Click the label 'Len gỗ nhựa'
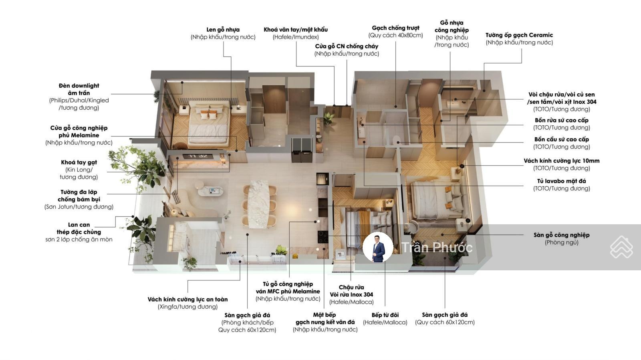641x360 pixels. tap(223, 30)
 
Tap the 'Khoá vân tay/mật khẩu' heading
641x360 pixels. tap(296, 30)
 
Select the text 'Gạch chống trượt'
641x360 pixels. tap(395, 28)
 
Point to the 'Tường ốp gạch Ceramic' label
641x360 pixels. tap(519, 35)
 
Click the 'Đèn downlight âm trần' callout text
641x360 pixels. tap(79, 89)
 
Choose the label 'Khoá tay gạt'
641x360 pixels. tap(79, 163)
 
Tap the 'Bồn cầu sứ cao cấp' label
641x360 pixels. tap(561, 139)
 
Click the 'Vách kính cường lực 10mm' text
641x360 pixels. tap(561, 161)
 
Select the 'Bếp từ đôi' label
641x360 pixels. tap(385, 315)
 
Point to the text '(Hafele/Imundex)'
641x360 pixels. tap(296, 37)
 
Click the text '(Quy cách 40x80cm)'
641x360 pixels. tap(395, 36)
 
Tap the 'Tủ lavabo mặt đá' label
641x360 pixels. tap(561, 181)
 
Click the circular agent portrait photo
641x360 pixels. tap(378, 247)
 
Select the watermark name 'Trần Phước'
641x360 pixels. tap(437, 247)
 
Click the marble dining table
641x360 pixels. tap(259, 204)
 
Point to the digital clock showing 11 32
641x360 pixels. tap(198, 156)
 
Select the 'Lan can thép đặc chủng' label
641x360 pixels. tap(79, 229)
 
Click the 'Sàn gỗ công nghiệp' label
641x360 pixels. tap(561, 235)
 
